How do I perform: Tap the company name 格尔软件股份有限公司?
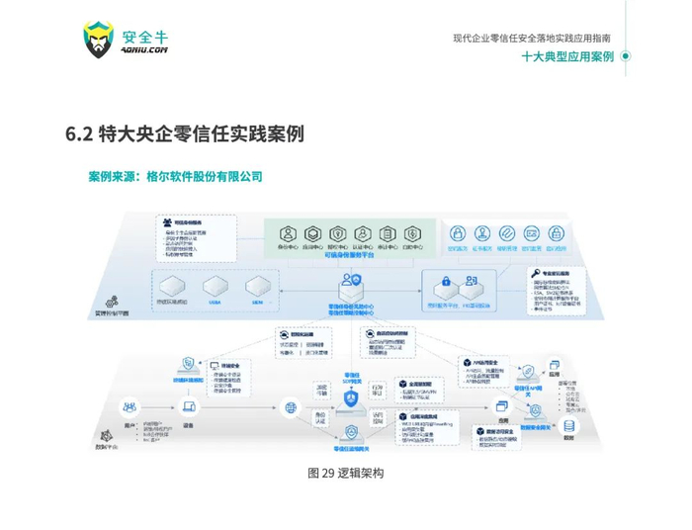tap(204, 177)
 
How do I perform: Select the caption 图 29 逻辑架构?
tap(346, 473)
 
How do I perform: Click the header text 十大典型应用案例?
tap(567, 56)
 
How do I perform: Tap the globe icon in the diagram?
tap(290, 406)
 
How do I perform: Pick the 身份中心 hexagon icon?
tap(288, 233)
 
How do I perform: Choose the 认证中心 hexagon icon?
tap(361, 233)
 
